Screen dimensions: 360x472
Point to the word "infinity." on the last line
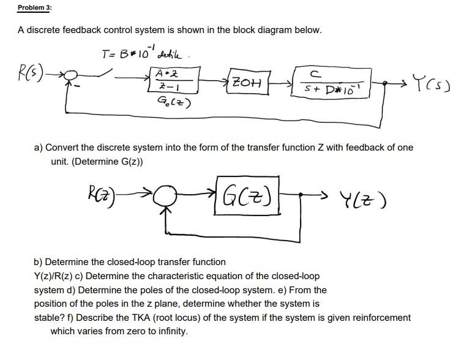coord(171,332)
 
